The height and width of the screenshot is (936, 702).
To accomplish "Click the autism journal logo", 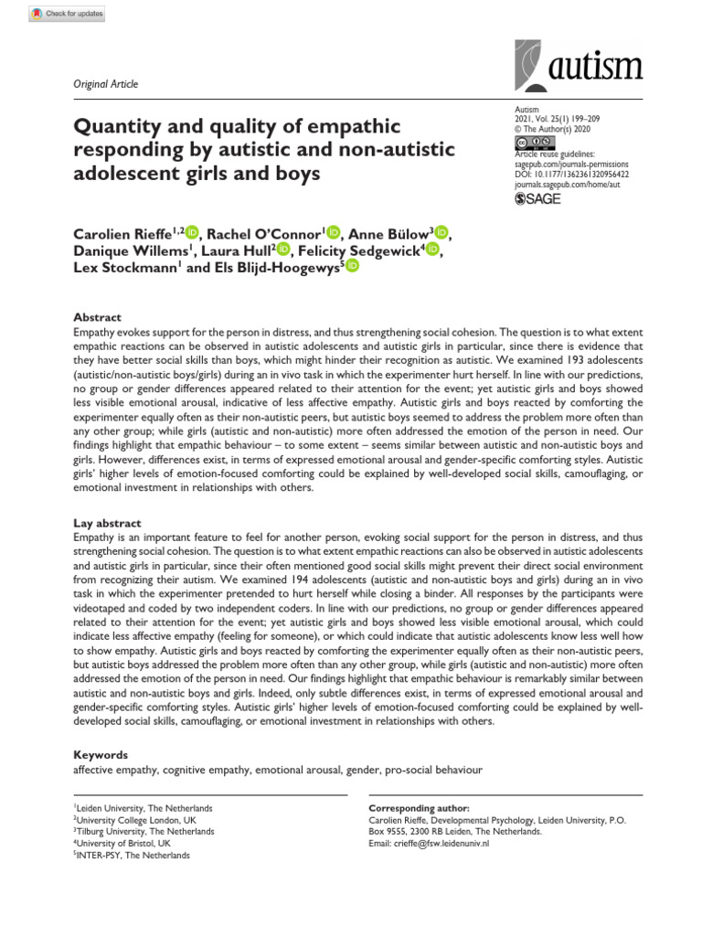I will [x=579, y=66].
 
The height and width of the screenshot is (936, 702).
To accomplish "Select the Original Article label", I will [x=105, y=84].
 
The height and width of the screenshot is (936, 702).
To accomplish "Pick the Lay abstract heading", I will [x=107, y=523].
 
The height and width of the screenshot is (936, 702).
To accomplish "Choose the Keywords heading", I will [x=101, y=755].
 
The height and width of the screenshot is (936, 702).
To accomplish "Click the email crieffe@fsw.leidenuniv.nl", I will [x=429, y=844].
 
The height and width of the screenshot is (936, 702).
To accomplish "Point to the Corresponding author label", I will [x=419, y=809].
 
